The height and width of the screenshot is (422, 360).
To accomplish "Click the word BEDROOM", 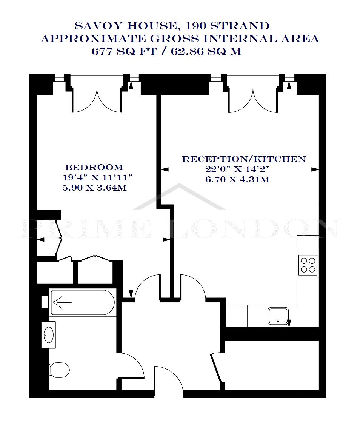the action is (x=94, y=167).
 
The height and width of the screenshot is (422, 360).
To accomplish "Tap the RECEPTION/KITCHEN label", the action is (x=244, y=159).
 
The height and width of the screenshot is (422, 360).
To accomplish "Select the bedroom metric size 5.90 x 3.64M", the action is (x=94, y=187).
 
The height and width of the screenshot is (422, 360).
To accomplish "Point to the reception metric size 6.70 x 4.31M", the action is (x=237, y=179).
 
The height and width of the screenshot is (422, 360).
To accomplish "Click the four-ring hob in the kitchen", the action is (x=308, y=265).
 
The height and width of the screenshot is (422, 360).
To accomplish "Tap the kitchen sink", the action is (x=278, y=316).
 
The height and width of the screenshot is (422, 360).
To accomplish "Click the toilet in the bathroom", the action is (x=59, y=370).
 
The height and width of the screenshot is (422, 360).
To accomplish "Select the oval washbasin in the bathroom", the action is (x=48, y=335).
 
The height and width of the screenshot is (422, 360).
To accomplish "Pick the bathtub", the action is (x=83, y=302).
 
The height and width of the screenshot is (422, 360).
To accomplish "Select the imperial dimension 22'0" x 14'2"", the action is (x=237, y=169).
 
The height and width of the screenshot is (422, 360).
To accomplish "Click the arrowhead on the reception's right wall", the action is (x=315, y=169).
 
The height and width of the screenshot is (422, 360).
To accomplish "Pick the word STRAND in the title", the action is (x=240, y=26).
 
